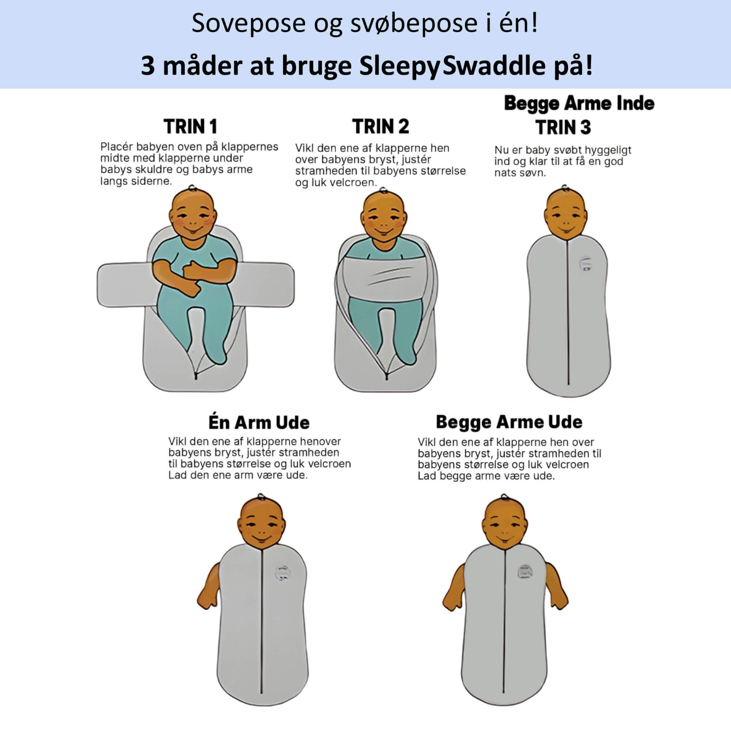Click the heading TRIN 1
[190, 127]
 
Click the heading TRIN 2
[380, 127]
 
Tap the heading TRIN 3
[563, 128]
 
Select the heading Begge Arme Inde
[579, 103]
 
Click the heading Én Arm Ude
[259, 423]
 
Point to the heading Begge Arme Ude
[509, 422]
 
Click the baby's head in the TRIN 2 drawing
[383, 217]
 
